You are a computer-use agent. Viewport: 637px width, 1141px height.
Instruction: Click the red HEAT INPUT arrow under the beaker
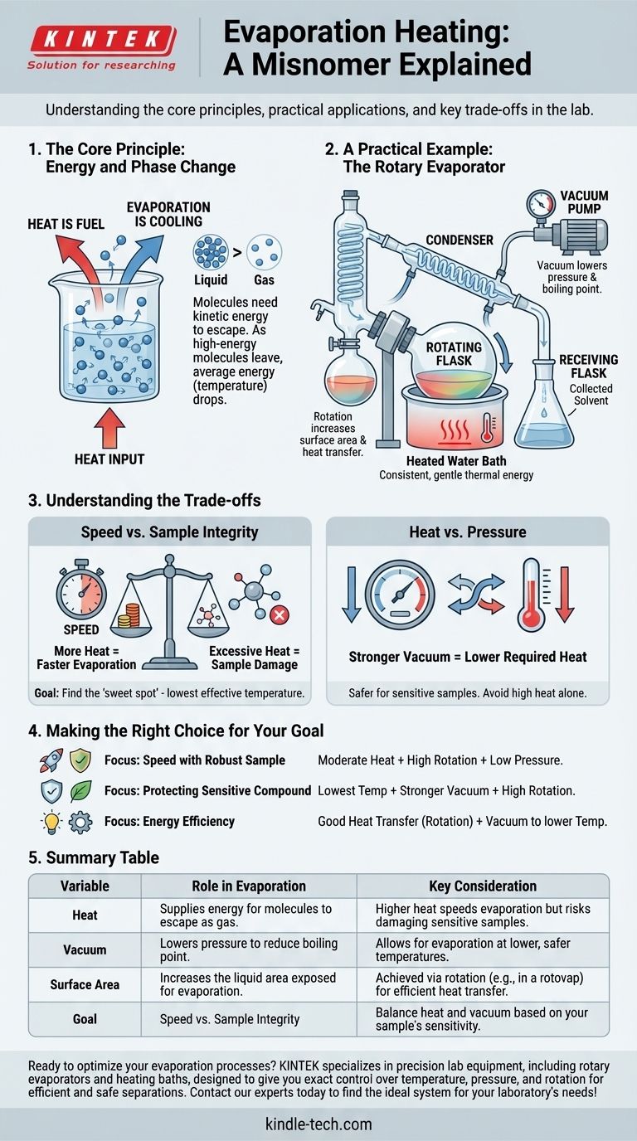coord(109,428)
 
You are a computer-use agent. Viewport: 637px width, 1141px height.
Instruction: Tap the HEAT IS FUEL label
coord(66,224)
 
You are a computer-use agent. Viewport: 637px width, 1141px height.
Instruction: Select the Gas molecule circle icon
coord(264,252)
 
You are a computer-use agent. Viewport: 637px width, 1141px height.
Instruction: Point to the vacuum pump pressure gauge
coord(540,204)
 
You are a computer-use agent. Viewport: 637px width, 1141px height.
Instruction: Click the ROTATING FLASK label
coord(454,353)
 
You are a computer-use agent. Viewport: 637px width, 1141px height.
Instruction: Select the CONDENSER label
coord(460,240)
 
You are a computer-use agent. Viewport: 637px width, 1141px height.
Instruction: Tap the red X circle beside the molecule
coord(280,615)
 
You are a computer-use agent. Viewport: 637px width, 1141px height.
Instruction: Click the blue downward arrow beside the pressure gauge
coord(351,595)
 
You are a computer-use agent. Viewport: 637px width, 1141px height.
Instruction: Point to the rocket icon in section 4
coord(51,760)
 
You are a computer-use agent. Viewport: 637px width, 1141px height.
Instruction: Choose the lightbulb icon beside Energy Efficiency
coord(51,823)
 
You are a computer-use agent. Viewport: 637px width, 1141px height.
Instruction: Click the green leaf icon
coord(80,790)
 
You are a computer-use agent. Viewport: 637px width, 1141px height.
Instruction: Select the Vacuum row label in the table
coord(85,949)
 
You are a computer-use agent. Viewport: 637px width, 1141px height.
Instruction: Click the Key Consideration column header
coord(483,886)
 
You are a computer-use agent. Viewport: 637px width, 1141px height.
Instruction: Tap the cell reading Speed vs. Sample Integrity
coord(230,1019)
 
